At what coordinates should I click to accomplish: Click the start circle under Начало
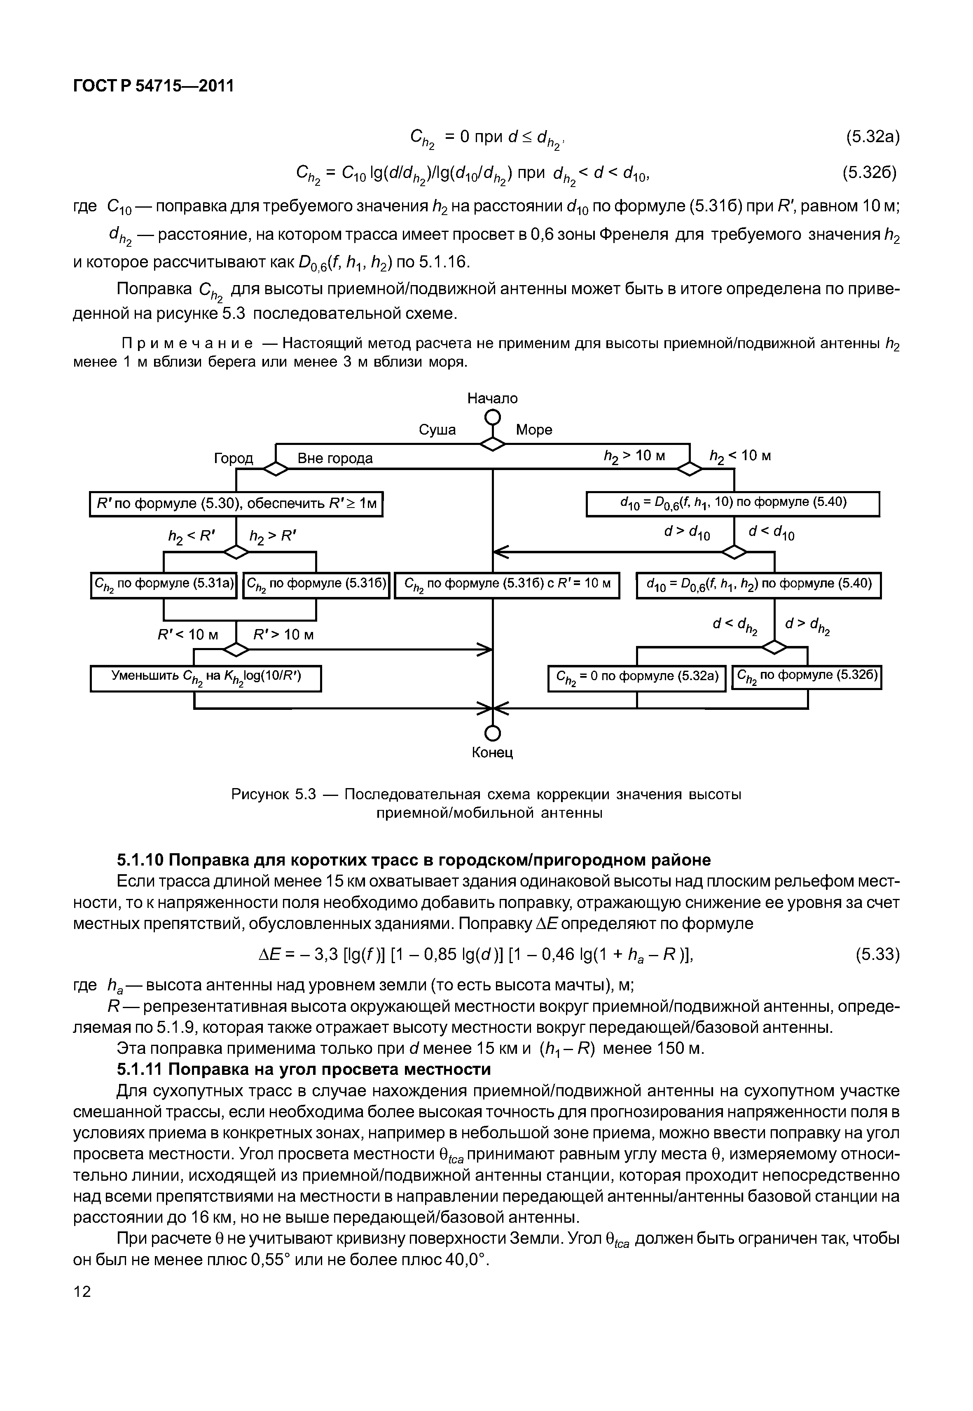[x=493, y=418]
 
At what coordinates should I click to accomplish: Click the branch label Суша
[x=437, y=430]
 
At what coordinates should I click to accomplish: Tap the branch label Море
[x=534, y=430]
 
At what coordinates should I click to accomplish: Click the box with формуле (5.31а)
[x=164, y=585]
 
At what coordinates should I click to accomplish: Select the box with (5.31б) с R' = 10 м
[x=507, y=585]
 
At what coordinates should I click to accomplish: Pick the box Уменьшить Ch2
[x=206, y=678]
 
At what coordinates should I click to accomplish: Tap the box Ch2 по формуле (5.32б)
[x=807, y=677]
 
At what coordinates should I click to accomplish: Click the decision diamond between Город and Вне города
[x=276, y=468]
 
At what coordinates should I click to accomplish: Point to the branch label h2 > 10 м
[x=634, y=456]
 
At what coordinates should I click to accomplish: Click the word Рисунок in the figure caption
[x=258, y=795]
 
